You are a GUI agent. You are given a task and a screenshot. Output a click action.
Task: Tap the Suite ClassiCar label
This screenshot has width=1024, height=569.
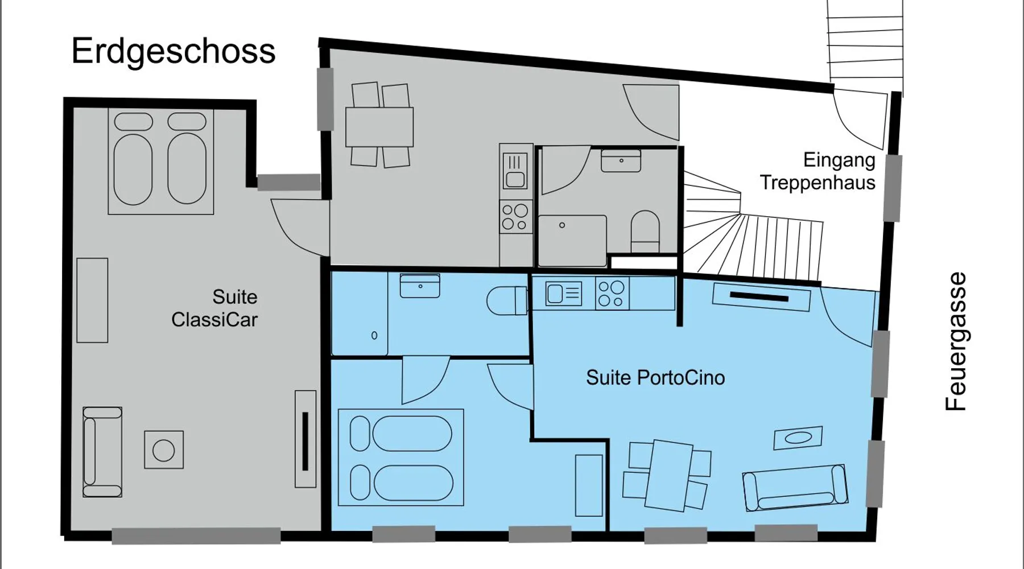pyautogui.click(x=214, y=308)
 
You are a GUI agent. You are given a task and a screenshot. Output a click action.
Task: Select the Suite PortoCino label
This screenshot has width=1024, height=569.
pyautogui.click(x=655, y=377)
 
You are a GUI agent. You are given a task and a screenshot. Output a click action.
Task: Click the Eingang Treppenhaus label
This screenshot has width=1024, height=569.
pyautogui.click(x=817, y=171)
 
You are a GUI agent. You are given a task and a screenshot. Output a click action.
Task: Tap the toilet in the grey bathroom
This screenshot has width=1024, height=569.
pyautogui.click(x=645, y=232)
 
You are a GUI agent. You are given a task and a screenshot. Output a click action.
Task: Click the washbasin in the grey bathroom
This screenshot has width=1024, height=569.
pyautogui.click(x=621, y=160)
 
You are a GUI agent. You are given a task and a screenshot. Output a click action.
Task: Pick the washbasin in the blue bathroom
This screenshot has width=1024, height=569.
pyautogui.click(x=420, y=286)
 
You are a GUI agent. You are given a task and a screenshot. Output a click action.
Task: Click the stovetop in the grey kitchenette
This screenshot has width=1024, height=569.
pyautogui.click(x=516, y=217)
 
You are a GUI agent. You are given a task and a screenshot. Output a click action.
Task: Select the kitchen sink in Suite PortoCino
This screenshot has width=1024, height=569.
pyautogui.click(x=564, y=294)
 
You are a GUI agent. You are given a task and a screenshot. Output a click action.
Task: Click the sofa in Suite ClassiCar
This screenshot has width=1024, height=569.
pyautogui.click(x=102, y=452)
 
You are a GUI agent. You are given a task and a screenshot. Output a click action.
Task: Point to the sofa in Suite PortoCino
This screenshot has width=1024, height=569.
pyautogui.click(x=795, y=488)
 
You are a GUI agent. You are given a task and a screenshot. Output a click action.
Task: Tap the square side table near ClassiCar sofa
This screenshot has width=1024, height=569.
pyautogui.click(x=164, y=450)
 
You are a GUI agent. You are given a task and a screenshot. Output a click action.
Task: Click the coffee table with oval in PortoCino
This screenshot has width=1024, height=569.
pyautogui.click(x=798, y=438)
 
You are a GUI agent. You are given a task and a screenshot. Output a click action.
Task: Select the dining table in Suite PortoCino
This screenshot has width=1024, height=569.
pyautogui.click(x=669, y=475)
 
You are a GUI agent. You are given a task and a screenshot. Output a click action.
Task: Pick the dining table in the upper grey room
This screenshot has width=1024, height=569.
pyautogui.click(x=379, y=126)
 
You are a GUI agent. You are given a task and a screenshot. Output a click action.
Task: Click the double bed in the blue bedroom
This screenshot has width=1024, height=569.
pyautogui.click(x=401, y=457)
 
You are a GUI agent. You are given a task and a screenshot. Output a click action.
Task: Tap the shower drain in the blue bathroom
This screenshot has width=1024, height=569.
pyautogui.click(x=374, y=335)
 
